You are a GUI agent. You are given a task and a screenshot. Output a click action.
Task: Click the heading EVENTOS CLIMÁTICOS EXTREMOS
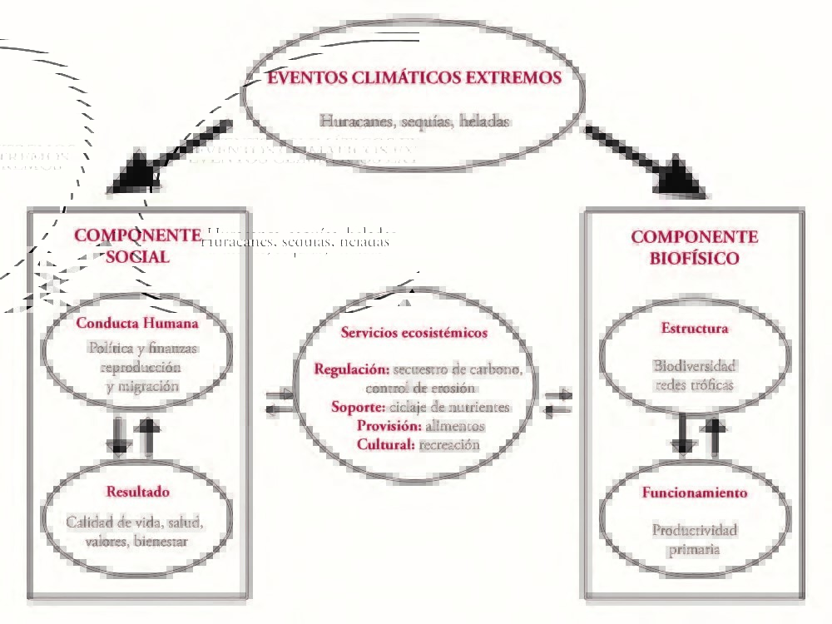[x=414, y=78]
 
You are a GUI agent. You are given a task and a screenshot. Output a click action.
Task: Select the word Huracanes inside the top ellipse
[x=356, y=121]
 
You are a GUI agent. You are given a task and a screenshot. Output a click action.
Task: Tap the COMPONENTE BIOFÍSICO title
[x=694, y=247]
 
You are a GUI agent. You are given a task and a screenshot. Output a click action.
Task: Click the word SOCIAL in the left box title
[x=138, y=257]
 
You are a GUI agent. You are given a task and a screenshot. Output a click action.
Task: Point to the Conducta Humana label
[x=137, y=323]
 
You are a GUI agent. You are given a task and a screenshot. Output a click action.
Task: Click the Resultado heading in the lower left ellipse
[x=137, y=492]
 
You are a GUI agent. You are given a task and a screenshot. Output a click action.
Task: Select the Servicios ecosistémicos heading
[x=414, y=333]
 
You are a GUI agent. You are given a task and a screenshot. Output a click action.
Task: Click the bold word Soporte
[x=359, y=408]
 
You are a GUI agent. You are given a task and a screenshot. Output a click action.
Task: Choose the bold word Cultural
[x=385, y=444]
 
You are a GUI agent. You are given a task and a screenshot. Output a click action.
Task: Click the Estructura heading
[x=694, y=328]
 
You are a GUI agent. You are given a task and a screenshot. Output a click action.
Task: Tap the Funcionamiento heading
[x=694, y=493]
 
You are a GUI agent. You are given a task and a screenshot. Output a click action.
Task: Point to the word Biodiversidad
[x=695, y=366]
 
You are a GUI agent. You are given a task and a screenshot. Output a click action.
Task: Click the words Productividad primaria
[x=694, y=539]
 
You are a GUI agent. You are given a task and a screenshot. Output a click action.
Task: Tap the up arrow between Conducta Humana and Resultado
[x=149, y=436]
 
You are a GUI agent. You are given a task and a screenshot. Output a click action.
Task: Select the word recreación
[x=449, y=445]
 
